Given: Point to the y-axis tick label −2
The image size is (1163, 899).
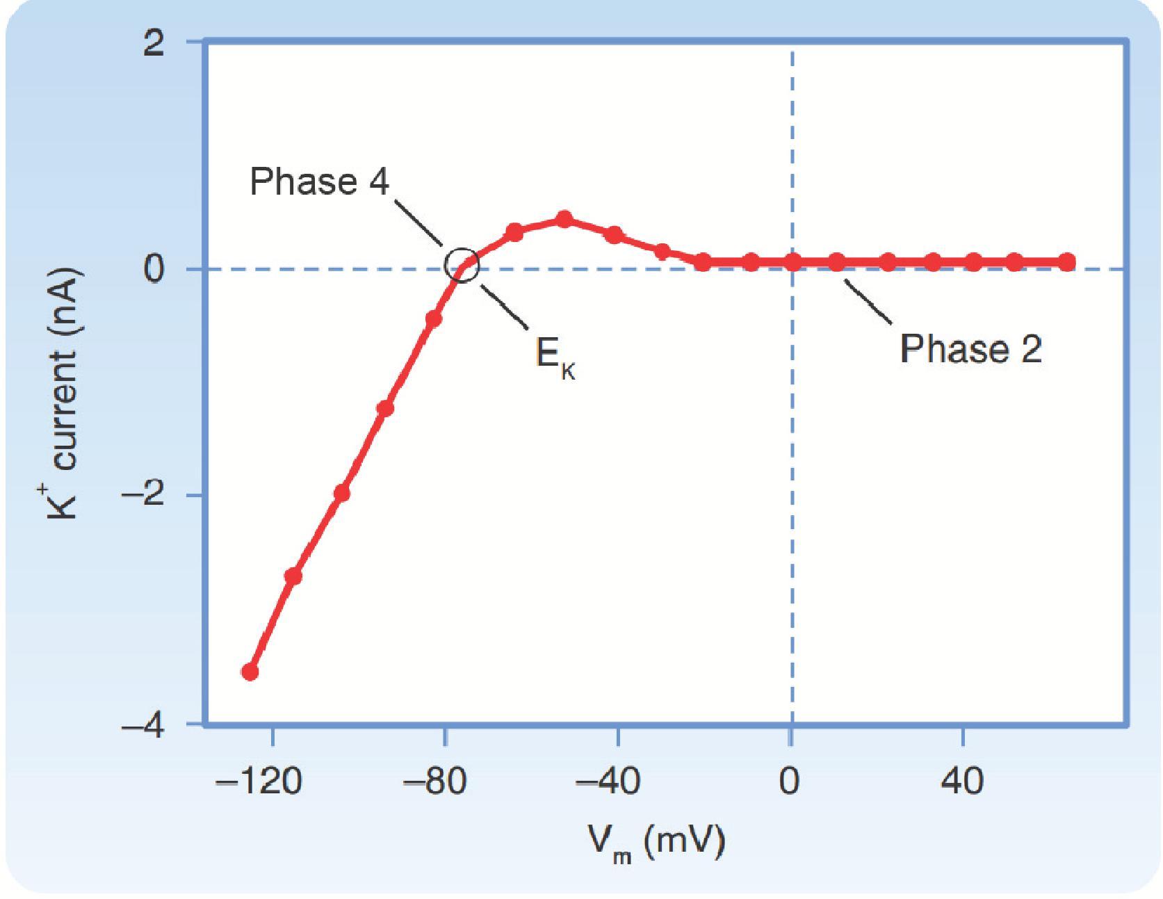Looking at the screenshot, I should tap(143, 496).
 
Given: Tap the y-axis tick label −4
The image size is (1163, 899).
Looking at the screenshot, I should tap(143, 726).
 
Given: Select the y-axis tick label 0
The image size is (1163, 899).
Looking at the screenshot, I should tap(154, 269).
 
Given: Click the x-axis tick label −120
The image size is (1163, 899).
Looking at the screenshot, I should tap(259, 781).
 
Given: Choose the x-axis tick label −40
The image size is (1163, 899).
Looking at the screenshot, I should tap(607, 781).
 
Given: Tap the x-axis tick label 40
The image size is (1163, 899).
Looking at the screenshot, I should tap(963, 781).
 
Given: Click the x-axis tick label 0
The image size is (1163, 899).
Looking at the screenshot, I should tap(789, 781).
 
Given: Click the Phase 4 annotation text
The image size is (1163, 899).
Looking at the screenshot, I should tap(320, 182).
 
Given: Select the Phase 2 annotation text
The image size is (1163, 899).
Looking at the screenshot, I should tap(970, 348).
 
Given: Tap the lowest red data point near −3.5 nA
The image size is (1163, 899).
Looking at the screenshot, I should tap(250, 672).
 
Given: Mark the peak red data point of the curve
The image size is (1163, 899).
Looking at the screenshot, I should tap(564, 220).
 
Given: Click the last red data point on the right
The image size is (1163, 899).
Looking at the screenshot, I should tap(1067, 262).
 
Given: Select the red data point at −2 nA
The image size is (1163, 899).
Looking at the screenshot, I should tap(341, 493).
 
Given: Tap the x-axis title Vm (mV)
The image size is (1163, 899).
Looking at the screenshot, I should tap(657, 843).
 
